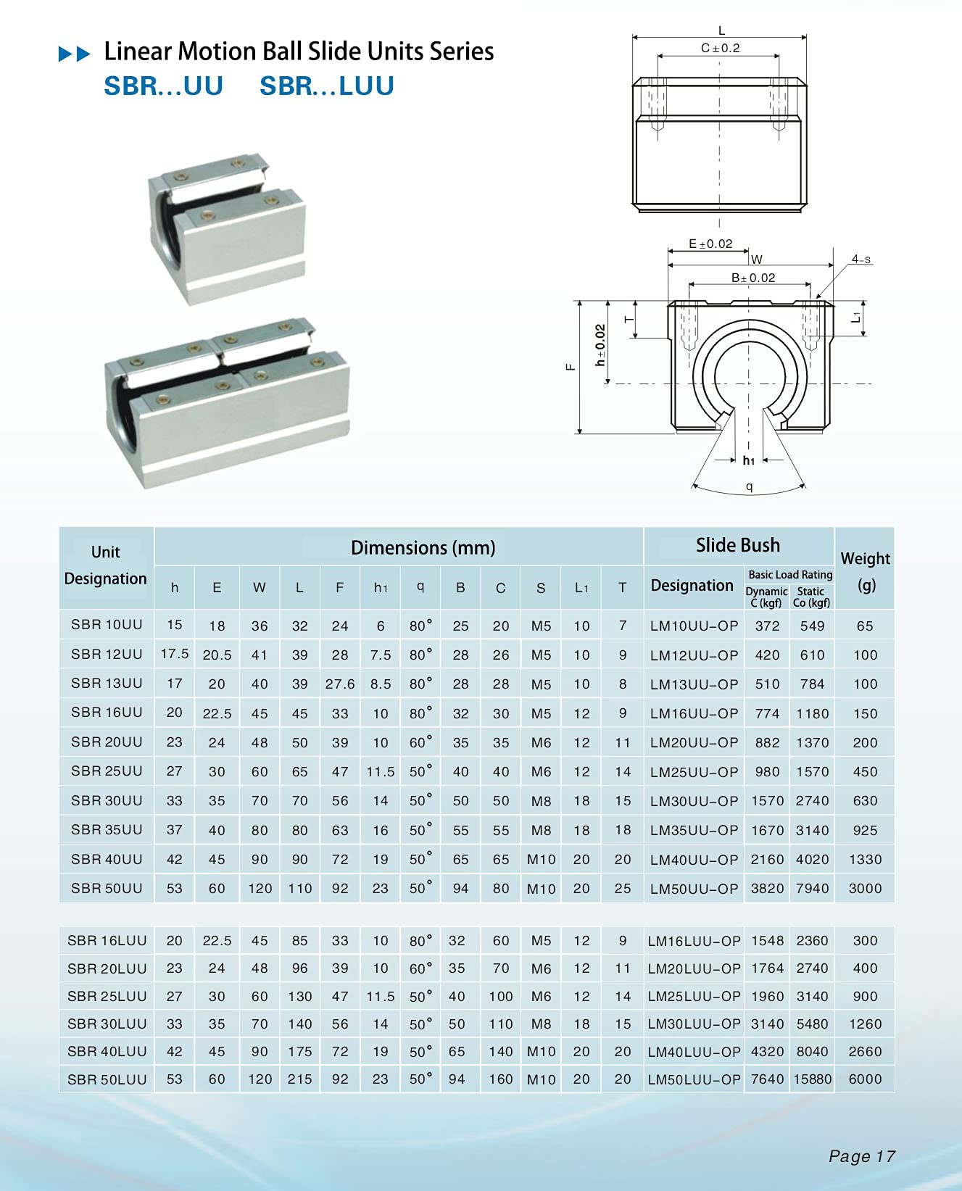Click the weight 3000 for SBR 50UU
tap(865, 889)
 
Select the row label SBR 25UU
tap(107, 771)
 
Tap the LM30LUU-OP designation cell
tap(694, 1024)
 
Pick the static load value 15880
tap(812, 1079)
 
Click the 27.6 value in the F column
tap(340, 684)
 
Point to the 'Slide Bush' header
tap(737, 545)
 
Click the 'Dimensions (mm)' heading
tap(423, 548)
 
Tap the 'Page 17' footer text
tap(861, 1157)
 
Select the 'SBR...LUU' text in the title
tap(326, 86)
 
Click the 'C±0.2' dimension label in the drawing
tap(720, 49)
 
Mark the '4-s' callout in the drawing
tap(861, 260)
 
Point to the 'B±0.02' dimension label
tap(752, 278)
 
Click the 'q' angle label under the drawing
tap(749, 487)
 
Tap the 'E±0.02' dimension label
tap(710, 244)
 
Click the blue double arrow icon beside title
tap(74, 54)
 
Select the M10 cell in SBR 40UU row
tap(541, 860)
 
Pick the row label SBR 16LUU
tap(107, 941)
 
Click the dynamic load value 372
tap(767, 626)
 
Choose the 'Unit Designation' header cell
tap(106, 566)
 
